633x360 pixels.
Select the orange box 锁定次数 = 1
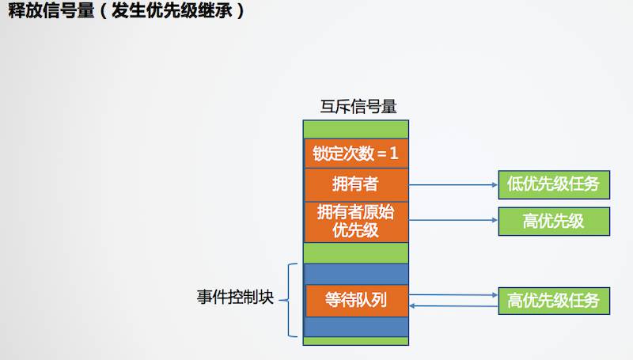tap(356, 153)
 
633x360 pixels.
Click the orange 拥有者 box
tap(356, 184)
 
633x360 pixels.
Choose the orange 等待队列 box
tap(356, 300)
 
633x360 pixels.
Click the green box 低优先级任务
tap(553, 185)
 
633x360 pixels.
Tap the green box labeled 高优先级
tap(553, 222)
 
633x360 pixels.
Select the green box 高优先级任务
tap(553, 301)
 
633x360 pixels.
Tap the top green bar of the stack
tap(356, 129)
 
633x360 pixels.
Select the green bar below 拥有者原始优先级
tap(356, 252)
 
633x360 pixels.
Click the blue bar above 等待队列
tap(356, 273)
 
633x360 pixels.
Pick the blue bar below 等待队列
tap(356, 326)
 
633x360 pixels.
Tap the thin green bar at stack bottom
tap(356, 341)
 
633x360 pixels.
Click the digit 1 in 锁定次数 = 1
tap(394, 153)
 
